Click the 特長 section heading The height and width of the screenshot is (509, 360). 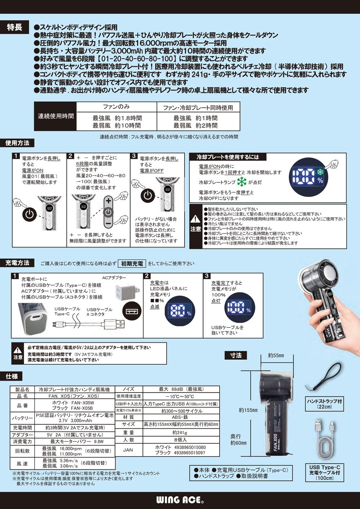tap(15, 27)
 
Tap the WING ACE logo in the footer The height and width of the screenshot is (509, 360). tap(180, 500)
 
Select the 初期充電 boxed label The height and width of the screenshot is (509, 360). tap(132, 264)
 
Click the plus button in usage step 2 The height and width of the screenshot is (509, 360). tap(108, 201)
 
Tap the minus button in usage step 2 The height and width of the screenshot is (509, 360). tap(108, 223)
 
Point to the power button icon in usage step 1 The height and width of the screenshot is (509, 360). tap(30, 214)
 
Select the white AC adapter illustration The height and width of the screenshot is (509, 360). tap(126, 291)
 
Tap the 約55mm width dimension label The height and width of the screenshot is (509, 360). tap(276, 355)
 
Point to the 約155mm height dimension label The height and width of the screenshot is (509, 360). tap(248, 410)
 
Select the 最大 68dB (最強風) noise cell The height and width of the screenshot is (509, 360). tap(181, 389)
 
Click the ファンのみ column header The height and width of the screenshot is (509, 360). tap(117, 107)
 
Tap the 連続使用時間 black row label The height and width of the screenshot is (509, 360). tap(56, 116)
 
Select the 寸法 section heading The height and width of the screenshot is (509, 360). tap(236, 355)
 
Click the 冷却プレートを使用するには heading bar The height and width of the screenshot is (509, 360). tap(228, 157)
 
